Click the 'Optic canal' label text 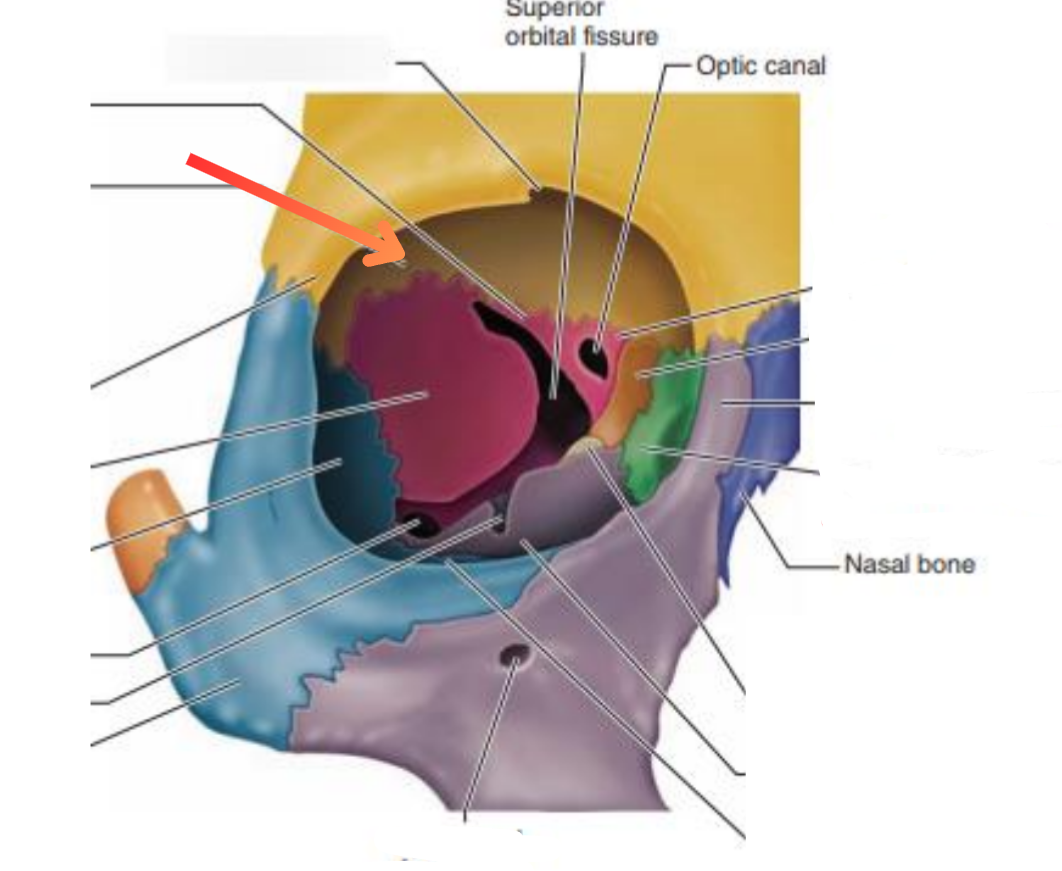(x=761, y=66)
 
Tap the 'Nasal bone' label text (x=909, y=564)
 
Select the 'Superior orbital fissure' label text (x=581, y=25)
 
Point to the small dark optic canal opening (x=595, y=354)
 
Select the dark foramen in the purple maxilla (x=515, y=657)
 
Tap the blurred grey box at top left (x=276, y=58)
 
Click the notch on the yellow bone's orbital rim (x=539, y=186)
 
